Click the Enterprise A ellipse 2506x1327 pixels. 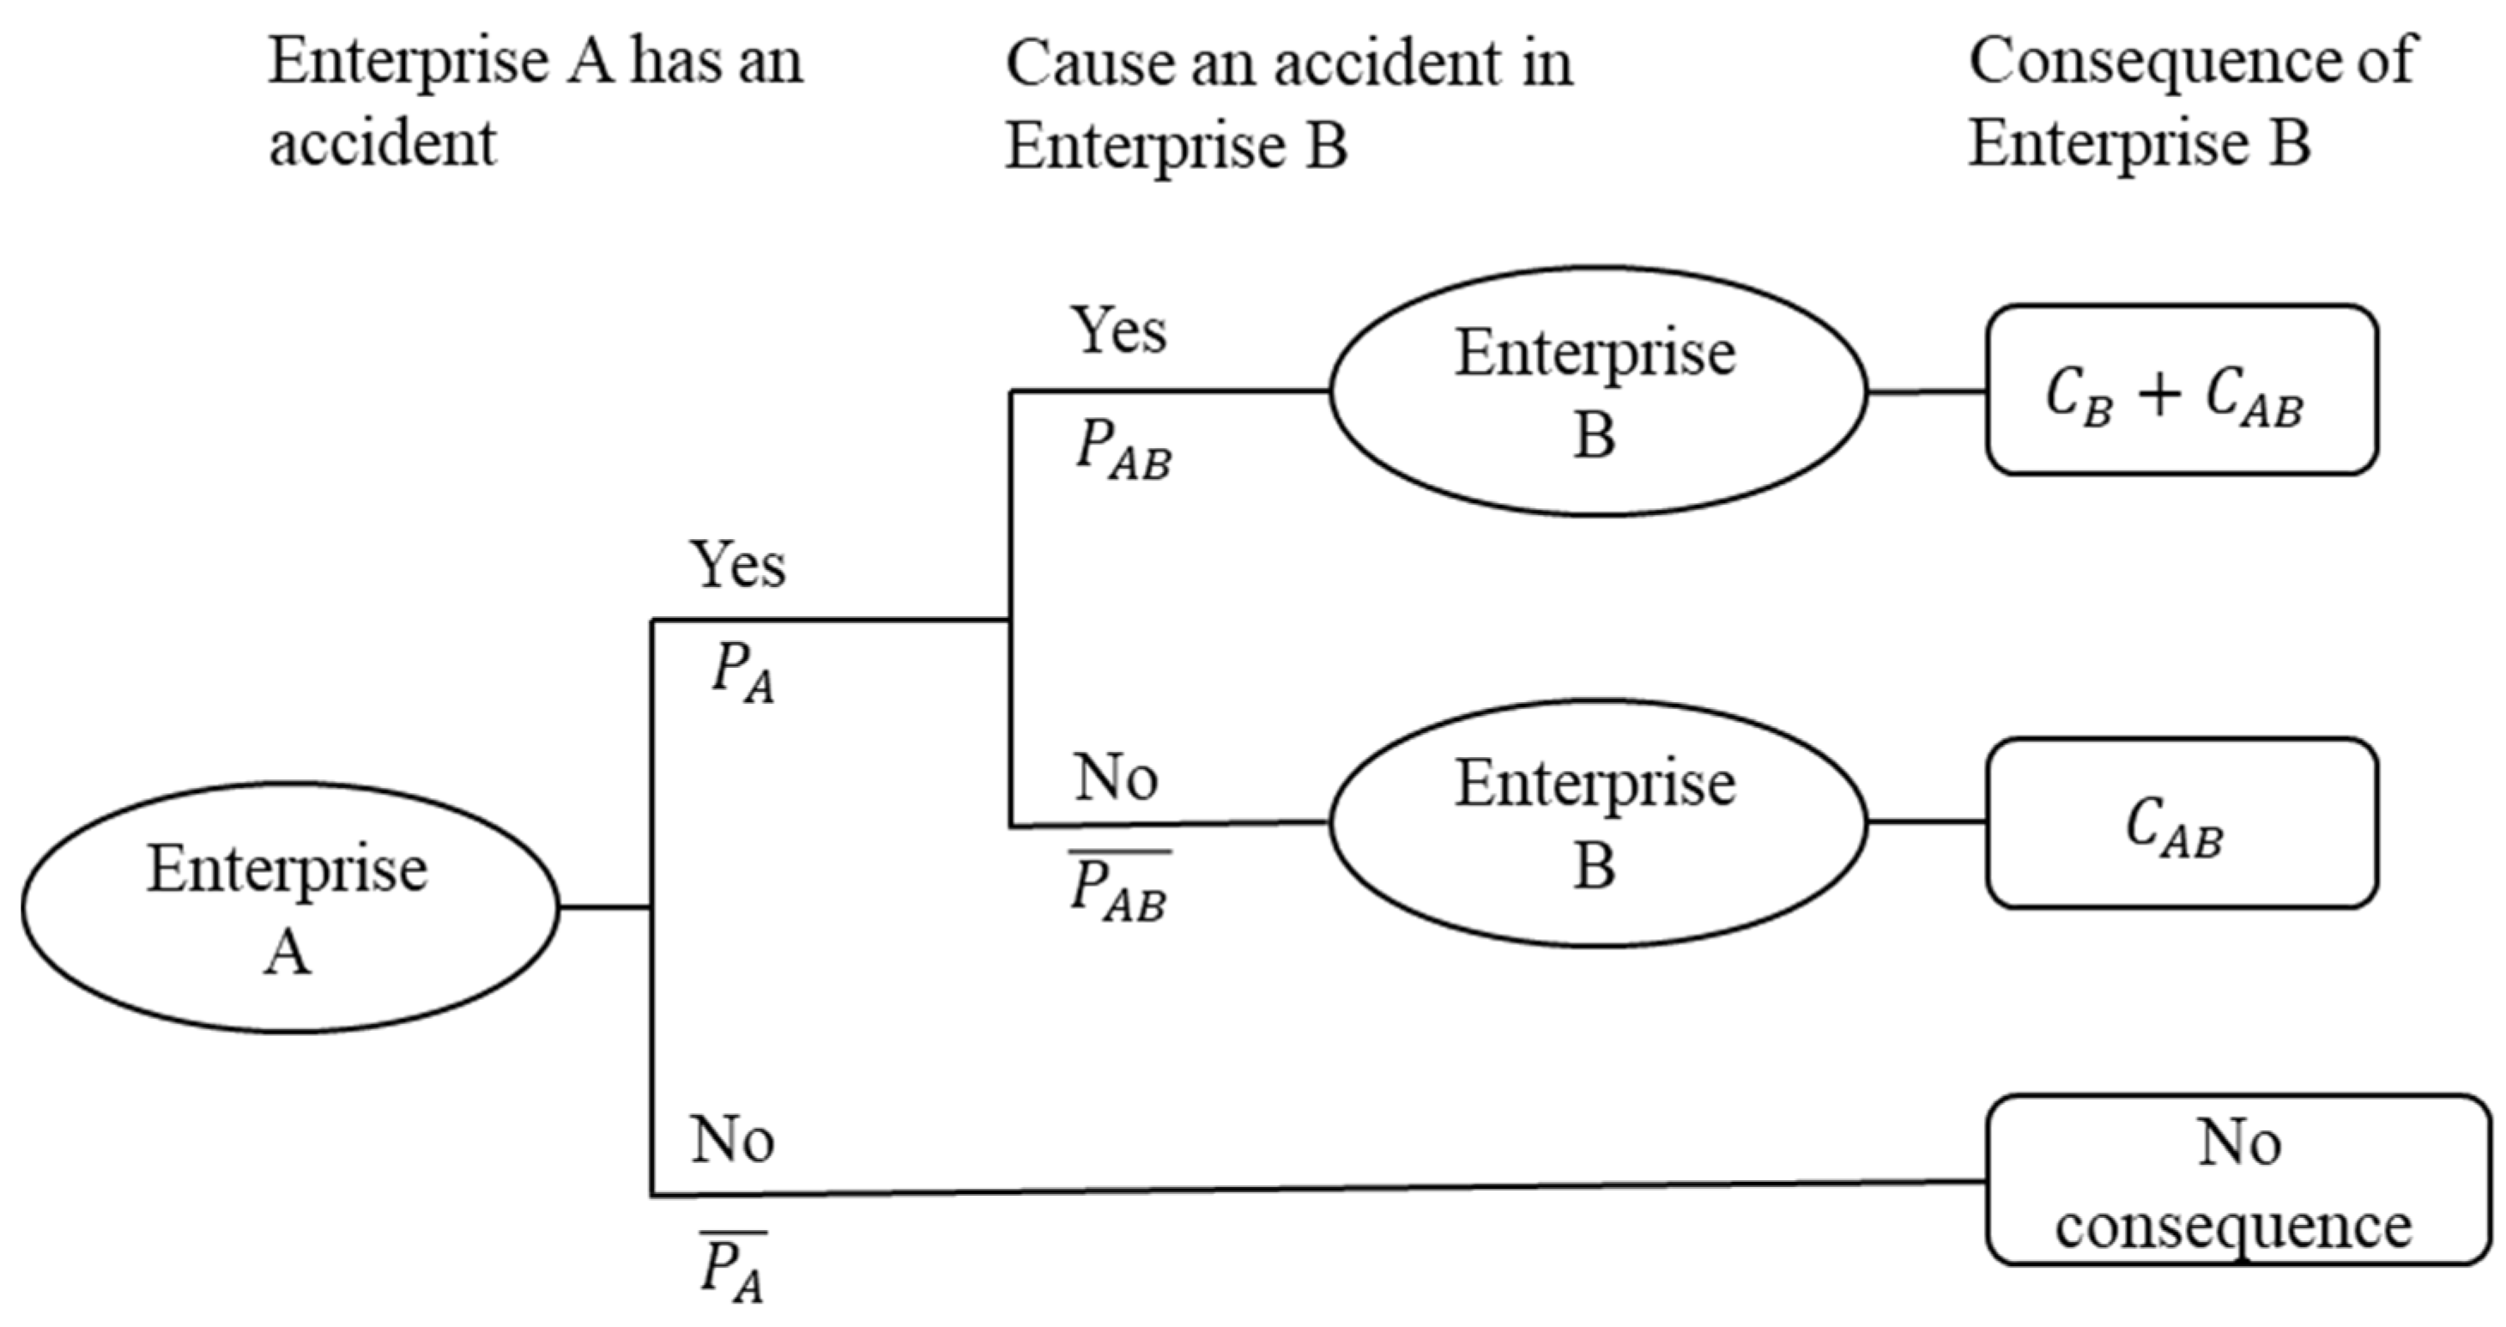tap(290, 907)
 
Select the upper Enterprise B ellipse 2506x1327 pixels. tap(1597, 391)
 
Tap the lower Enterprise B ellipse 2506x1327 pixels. tap(1597, 823)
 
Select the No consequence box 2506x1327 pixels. tap(2237, 1180)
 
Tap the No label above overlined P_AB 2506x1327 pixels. tap(1116, 779)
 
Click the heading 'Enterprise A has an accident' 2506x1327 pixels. tap(535, 100)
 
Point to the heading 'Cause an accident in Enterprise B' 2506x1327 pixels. tap(1288, 103)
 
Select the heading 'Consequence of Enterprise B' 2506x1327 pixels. tap(2191, 100)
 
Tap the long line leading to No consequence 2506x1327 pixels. tap(1313, 1188)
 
